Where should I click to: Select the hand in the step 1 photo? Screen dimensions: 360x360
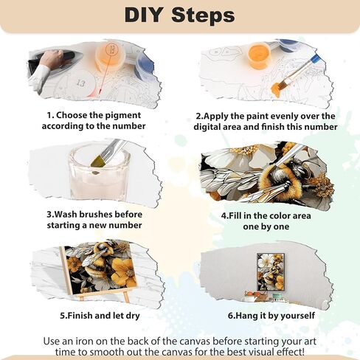(x=51, y=59)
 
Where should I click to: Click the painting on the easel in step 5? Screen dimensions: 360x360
(x=96, y=265)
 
